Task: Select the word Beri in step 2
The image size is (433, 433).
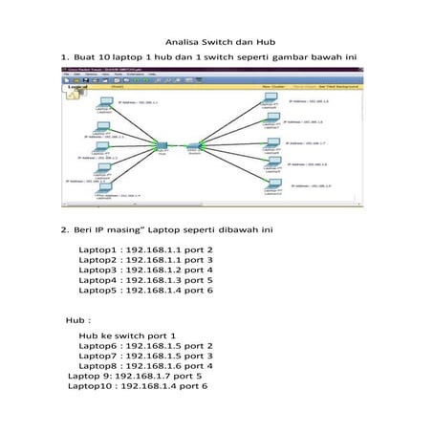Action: (81, 230)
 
